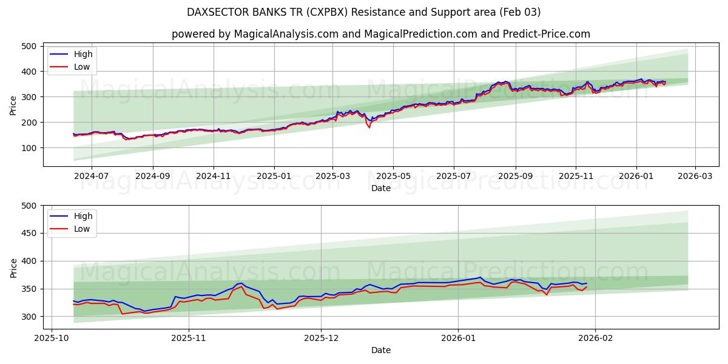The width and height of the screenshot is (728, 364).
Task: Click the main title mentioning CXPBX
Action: (364, 12)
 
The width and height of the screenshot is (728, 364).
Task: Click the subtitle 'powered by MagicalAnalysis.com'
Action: (380, 34)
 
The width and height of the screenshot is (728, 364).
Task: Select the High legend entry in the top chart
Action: (83, 55)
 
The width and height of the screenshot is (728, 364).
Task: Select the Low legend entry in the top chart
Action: (82, 67)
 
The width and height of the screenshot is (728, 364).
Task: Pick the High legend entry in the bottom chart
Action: (83, 216)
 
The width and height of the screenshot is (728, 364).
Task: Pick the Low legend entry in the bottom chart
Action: (82, 229)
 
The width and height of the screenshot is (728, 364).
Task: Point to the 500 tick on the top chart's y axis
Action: (29, 46)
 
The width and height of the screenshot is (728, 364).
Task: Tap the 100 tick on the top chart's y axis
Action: (29, 148)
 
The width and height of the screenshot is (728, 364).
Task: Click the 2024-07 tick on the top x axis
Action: (91, 175)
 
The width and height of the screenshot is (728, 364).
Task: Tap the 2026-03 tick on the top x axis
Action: (695, 175)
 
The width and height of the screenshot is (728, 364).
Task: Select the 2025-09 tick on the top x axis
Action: (515, 175)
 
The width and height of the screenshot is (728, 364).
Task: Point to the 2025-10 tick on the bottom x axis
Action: (51, 337)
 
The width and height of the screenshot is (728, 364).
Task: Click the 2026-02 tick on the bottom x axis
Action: (595, 337)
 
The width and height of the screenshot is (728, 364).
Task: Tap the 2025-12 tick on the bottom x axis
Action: (322, 337)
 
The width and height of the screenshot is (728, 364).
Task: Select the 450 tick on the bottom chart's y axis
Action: (29, 234)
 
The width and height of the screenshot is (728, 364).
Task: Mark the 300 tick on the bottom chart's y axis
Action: (29, 317)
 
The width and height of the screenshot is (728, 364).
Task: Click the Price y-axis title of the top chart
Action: (13, 106)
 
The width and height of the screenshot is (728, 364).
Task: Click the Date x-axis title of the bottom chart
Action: (380, 350)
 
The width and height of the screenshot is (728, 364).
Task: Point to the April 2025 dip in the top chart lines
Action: (369, 126)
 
